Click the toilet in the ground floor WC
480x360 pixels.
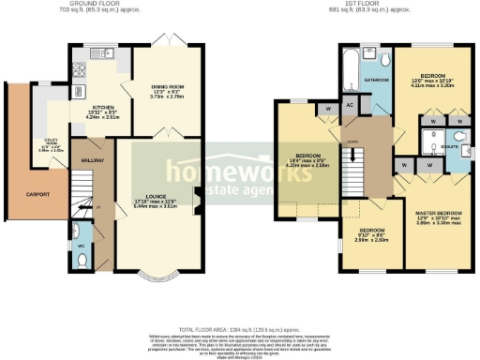82,237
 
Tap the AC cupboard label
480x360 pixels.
349,106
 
